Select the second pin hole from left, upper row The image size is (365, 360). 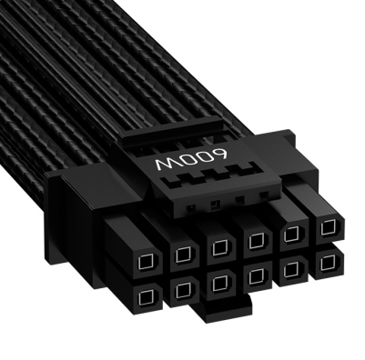(182, 254)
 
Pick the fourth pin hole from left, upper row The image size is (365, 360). (257, 241)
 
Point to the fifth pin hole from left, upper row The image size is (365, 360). (291, 234)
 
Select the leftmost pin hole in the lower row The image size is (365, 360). (145, 296)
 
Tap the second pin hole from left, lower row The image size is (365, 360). (182, 290)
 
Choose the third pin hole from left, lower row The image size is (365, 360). (219, 284)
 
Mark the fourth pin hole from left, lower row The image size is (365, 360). (255, 275)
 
